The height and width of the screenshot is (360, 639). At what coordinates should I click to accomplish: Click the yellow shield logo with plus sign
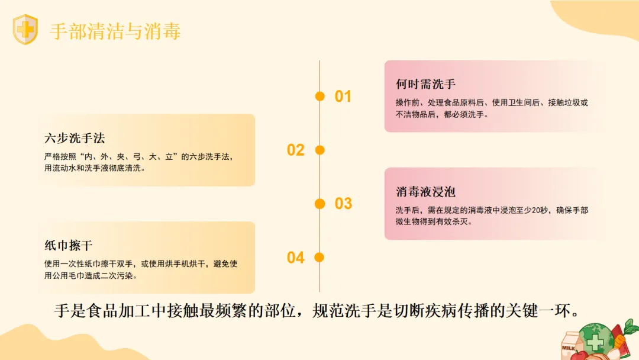[25, 30]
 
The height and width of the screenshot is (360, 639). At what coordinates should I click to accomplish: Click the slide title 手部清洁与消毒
[115, 31]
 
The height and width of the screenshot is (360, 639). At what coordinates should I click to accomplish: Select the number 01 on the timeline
[343, 97]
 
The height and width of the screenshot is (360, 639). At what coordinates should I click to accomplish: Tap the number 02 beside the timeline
[295, 150]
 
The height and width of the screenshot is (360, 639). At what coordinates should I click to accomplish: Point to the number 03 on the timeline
[343, 204]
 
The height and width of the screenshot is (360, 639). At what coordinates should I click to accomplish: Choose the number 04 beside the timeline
[295, 258]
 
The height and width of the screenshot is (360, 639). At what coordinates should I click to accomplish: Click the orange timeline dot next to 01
[320, 96]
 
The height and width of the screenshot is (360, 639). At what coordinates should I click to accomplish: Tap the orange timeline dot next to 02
[320, 150]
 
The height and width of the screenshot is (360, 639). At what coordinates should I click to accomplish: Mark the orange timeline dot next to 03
[320, 204]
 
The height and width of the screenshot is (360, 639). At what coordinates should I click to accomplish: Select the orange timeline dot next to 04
[320, 257]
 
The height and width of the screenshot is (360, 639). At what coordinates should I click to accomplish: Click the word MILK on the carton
[568, 348]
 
